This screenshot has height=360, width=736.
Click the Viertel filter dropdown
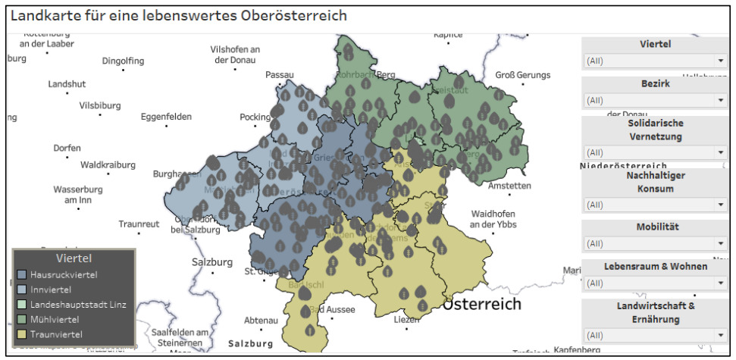click(655, 61)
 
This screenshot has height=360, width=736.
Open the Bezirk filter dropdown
click(655, 100)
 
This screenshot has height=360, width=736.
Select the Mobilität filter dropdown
click(655, 243)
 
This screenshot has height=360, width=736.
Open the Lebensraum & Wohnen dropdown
click(655, 283)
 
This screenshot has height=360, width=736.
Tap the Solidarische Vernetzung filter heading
click(655, 130)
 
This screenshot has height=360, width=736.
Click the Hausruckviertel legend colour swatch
click(22, 274)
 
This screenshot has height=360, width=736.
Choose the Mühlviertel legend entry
click(54, 319)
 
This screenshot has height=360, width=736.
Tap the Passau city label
click(279, 75)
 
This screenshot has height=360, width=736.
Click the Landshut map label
click(67, 84)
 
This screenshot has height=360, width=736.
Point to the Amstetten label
click(509, 186)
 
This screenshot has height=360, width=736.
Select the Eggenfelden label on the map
click(166, 117)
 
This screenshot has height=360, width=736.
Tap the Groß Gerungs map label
click(524, 75)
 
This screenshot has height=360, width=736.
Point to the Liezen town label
click(406, 320)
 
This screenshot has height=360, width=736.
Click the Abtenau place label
click(261, 320)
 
